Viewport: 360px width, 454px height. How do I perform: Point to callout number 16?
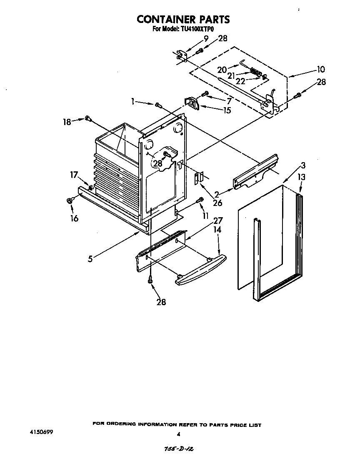(x=74, y=218)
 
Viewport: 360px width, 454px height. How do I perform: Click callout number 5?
(x=90, y=258)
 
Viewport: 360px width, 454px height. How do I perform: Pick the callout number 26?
(x=217, y=203)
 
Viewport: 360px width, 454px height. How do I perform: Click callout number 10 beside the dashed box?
(x=320, y=69)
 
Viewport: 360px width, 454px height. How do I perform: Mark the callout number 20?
(x=221, y=70)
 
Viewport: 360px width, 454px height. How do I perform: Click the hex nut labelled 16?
(x=70, y=201)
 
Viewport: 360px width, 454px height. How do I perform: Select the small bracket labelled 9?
(x=180, y=55)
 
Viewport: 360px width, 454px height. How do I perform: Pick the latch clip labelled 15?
(x=192, y=102)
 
